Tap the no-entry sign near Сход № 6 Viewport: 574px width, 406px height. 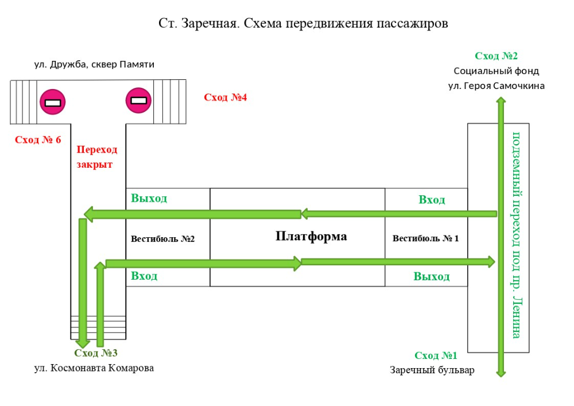[x=52, y=102]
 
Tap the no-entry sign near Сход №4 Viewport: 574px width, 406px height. [x=138, y=100]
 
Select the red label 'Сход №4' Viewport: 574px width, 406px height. [x=225, y=98]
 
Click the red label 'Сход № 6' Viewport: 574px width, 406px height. [x=38, y=140]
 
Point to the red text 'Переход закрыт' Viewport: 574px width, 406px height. [x=96, y=157]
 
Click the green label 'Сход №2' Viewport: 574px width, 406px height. [x=496, y=56]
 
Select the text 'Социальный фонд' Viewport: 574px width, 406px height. [x=496, y=71]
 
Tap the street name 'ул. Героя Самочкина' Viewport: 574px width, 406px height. [x=496, y=86]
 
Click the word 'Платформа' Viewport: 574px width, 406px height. [x=311, y=236]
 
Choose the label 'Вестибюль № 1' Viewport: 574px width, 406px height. [x=425, y=238]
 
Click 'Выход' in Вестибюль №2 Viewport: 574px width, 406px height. [x=149, y=198]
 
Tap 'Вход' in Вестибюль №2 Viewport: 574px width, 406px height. [x=144, y=276]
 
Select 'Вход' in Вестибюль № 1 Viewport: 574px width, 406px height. [x=432, y=200]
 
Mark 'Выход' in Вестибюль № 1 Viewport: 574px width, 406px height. [x=432, y=277]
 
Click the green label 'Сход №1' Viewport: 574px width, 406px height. [x=436, y=355]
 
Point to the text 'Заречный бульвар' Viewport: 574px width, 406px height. [x=432, y=370]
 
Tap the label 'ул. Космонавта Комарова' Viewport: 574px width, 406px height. [x=94, y=368]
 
